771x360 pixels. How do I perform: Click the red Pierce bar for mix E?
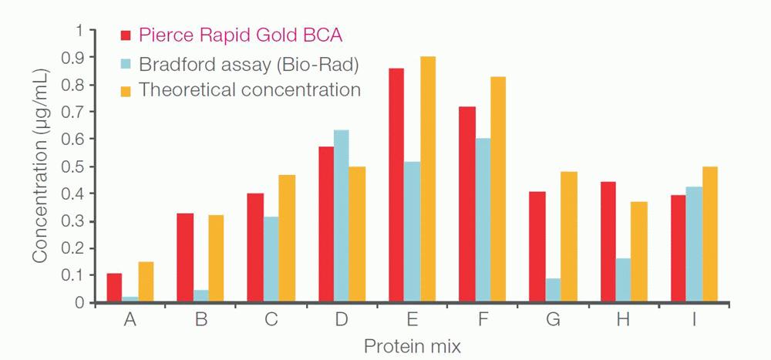396,185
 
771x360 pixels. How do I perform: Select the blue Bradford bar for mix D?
341,216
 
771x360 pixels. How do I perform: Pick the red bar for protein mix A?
114,288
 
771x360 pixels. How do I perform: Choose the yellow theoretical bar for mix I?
709,234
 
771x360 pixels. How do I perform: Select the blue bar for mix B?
201,296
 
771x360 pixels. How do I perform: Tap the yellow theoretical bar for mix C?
286,238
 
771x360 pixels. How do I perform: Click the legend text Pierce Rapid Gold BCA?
240,35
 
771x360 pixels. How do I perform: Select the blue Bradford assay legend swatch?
127,62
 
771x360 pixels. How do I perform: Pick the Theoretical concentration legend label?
249,89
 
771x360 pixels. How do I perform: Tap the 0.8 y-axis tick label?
73,85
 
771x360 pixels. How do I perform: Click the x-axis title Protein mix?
412,346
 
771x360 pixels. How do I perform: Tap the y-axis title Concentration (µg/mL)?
40,165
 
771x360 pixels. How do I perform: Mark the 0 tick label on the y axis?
79,303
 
